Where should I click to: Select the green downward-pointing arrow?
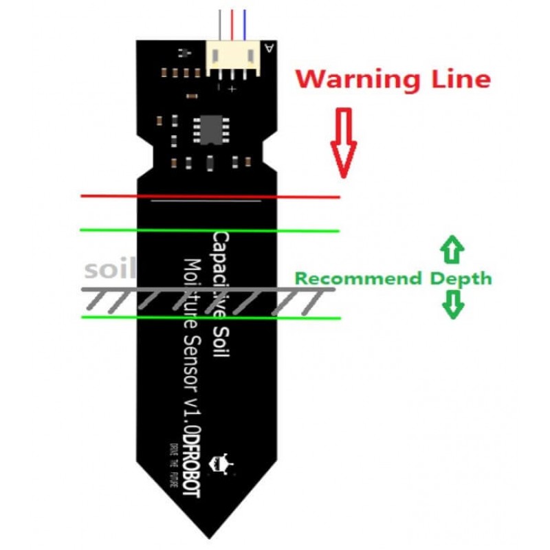[x=452, y=304]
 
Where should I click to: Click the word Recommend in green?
[x=357, y=278]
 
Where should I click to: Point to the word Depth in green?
[x=461, y=278]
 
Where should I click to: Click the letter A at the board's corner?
[x=268, y=48]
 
